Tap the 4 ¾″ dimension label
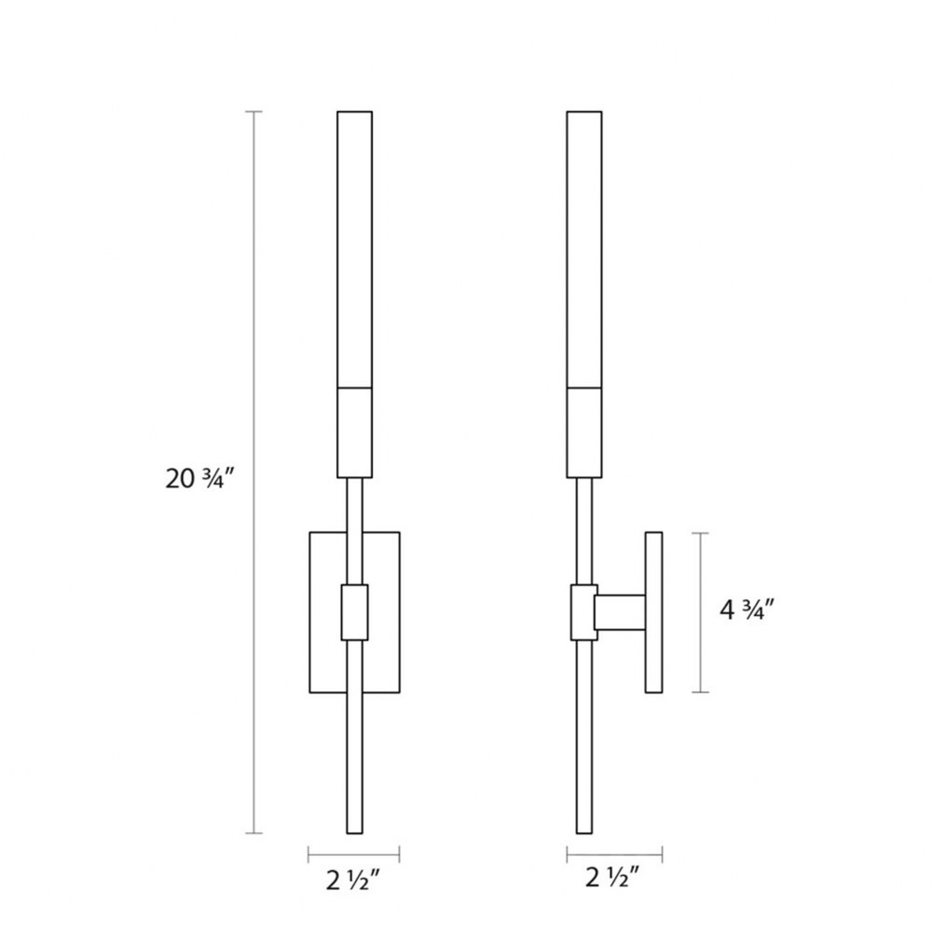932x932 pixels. (747, 610)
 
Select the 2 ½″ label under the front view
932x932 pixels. (352, 881)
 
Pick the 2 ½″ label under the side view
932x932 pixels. (612, 877)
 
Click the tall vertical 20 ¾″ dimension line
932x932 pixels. (254, 472)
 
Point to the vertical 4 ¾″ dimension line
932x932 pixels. (701, 612)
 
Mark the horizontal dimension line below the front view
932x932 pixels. (353, 856)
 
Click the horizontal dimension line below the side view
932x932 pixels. (614, 856)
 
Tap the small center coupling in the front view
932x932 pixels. (354, 612)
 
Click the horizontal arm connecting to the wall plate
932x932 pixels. (621, 612)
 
